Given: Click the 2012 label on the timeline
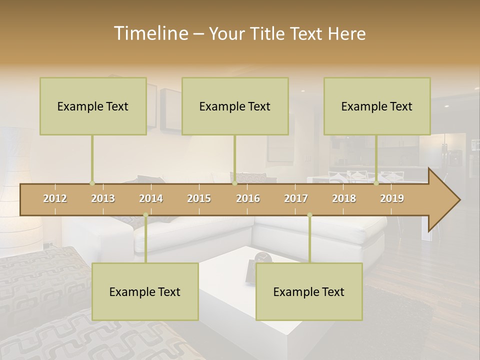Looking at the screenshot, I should coord(55,198).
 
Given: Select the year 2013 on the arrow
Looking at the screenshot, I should coord(103,198).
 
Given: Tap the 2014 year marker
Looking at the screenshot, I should coord(151,198).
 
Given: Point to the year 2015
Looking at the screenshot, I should coord(199,198).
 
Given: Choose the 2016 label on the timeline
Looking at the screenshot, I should coord(248,198).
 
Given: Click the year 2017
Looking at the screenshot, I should coord(296,198).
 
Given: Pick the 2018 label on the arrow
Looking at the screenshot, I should coord(344,198).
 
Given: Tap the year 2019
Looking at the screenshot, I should coord(392,198).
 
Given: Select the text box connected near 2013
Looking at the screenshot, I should coord(93,106).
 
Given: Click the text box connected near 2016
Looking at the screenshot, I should coord(235,106).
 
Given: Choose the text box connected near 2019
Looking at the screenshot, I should coord(377,106).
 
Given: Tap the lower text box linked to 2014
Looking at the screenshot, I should coord(145,291).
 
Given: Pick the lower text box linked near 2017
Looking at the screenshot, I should coord(309,291).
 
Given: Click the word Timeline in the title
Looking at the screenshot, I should coord(150,33).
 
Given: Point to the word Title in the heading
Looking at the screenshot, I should coord(268,33).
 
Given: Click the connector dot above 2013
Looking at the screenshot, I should coord(92,183).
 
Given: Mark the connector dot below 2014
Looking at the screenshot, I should coord(145,215).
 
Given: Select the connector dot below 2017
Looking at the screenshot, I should coord(309,215).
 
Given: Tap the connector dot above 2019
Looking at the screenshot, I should coord(376,183).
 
